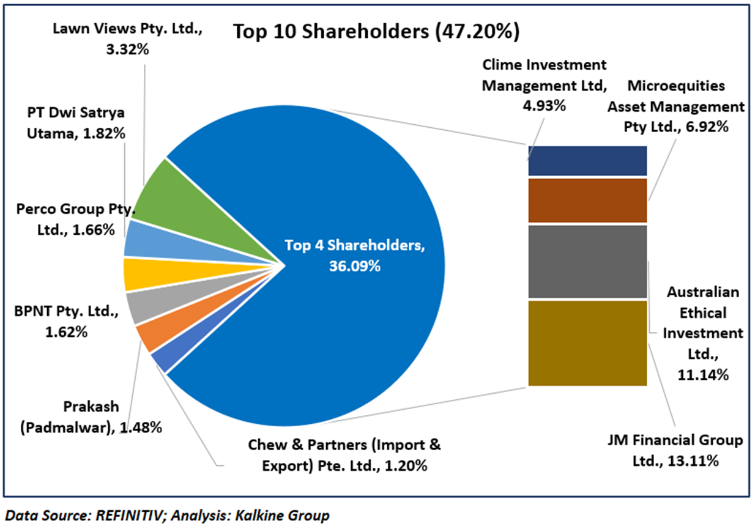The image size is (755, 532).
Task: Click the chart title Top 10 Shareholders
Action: click(376, 31)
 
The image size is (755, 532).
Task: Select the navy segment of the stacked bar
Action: click(587, 161)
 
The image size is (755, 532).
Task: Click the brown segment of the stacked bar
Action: click(587, 200)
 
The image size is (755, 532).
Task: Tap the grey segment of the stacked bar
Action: click(587, 261)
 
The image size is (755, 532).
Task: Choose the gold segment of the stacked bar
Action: click(587, 342)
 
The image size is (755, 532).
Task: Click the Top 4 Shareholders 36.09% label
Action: click(354, 256)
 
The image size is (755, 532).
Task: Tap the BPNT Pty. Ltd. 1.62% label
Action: click(65, 322)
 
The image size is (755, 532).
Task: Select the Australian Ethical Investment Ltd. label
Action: click(704, 333)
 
